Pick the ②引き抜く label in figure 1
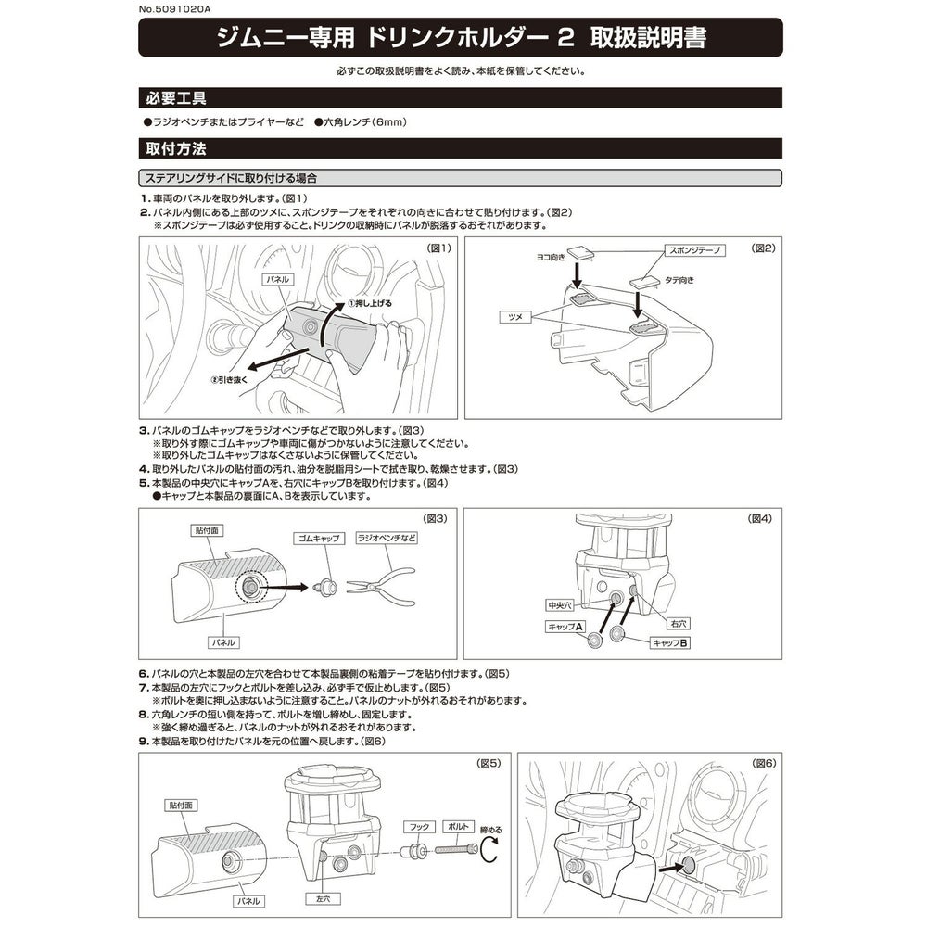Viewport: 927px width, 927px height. click(x=229, y=380)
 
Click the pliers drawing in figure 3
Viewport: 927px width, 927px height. click(x=381, y=586)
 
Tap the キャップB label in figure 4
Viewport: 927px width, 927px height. click(x=669, y=641)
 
